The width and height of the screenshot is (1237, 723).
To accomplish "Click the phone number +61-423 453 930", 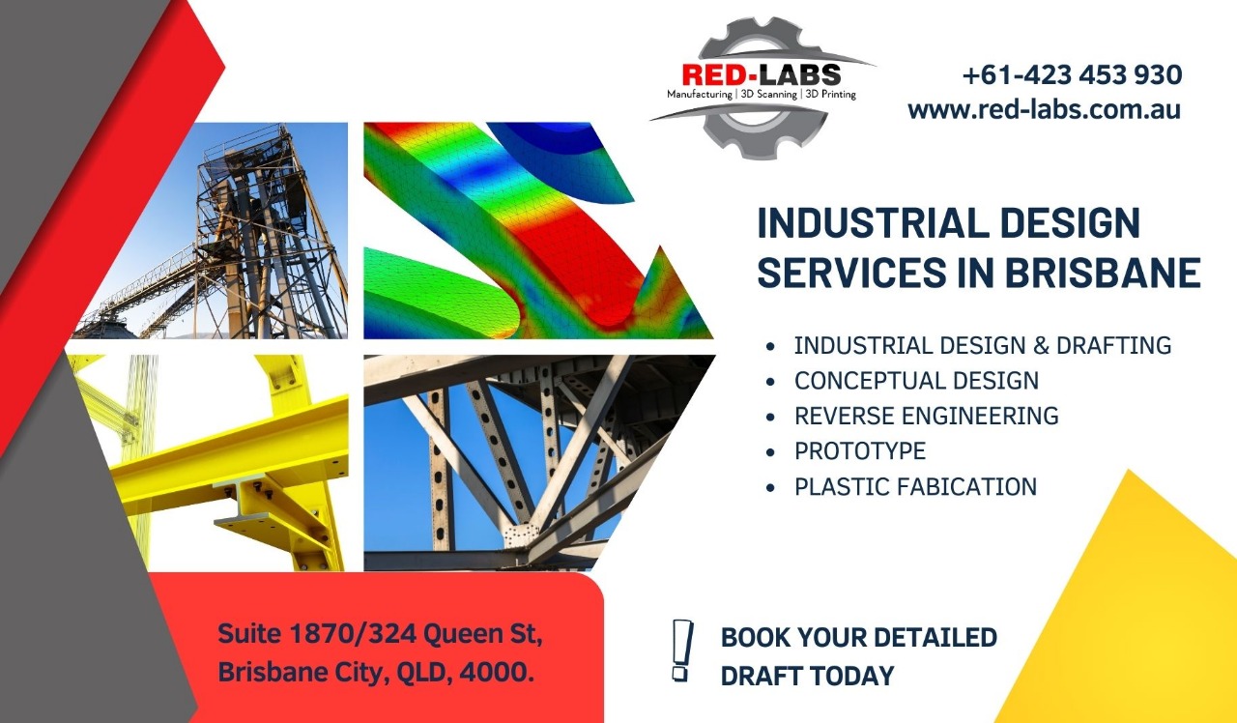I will [x=1072, y=74].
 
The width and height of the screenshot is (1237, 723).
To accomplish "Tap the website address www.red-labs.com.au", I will [x=1044, y=109].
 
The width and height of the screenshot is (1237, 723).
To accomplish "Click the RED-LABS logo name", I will [x=761, y=74].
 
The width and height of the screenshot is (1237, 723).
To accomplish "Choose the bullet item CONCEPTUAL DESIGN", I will [x=916, y=381].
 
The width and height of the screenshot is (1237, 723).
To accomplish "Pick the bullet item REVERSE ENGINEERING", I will [x=926, y=416].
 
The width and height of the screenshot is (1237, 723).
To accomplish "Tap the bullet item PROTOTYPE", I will [x=859, y=450].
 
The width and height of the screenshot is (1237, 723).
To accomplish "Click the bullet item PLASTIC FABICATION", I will [x=915, y=486].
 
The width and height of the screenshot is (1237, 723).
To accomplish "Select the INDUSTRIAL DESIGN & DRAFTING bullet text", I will [x=982, y=345].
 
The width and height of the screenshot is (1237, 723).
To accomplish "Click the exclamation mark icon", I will [x=682, y=651].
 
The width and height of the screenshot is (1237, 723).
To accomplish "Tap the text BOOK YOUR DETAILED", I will [x=858, y=638].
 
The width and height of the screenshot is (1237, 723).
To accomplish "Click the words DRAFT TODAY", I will [x=807, y=676].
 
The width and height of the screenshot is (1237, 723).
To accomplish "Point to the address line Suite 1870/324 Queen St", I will [x=380, y=635].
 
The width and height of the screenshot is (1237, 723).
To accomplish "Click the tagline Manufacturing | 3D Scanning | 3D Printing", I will [x=761, y=95].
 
